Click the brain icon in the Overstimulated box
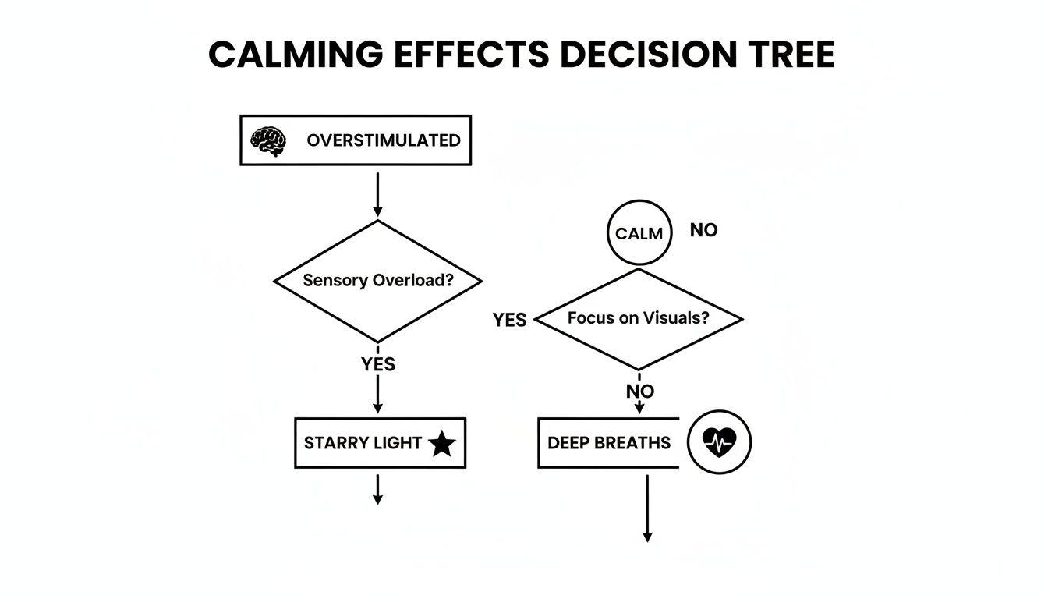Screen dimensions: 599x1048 (x=267, y=141)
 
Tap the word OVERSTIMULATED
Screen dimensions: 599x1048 (x=383, y=140)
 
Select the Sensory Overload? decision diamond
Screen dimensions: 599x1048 (x=377, y=281)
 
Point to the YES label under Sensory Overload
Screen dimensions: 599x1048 (x=378, y=364)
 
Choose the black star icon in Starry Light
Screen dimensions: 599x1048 (x=442, y=444)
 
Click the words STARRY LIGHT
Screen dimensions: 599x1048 (x=363, y=443)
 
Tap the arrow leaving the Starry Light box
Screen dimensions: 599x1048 (x=377, y=489)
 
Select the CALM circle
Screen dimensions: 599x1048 (x=639, y=234)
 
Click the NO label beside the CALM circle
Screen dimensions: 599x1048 (x=703, y=231)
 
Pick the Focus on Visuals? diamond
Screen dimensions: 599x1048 (x=639, y=318)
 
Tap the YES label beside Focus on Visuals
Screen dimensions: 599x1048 (x=509, y=321)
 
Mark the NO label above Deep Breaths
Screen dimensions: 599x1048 (x=640, y=392)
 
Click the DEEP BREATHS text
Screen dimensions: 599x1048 (x=608, y=443)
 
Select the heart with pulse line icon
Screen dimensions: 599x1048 (x=719, y=443)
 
